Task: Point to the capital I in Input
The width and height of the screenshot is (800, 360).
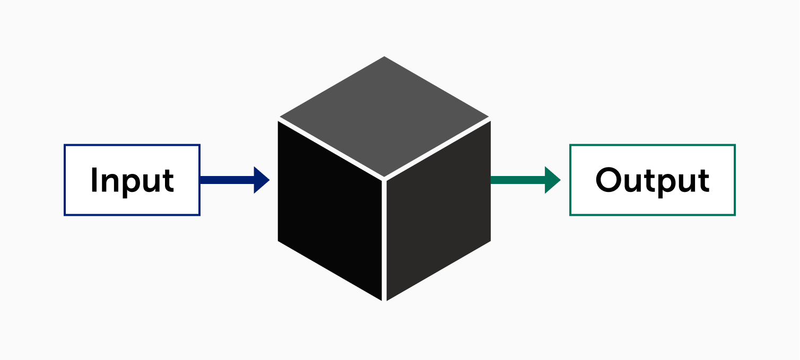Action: coord(94,180)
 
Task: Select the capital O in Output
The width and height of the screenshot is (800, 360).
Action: coord(608,180)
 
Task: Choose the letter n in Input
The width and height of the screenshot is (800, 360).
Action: coord(110,183)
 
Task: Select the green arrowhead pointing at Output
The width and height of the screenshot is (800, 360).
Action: coord(552,180)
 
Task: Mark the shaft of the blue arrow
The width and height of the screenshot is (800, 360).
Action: coord(227,180)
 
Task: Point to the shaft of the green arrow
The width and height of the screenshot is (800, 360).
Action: coord(518,180)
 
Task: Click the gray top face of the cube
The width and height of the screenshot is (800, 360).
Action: coord(384,116)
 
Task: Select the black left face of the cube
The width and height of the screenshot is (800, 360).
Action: coord(329,211)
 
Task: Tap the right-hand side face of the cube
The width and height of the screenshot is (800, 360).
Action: coord(439,211)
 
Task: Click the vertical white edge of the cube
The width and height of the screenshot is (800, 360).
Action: coord(384,240)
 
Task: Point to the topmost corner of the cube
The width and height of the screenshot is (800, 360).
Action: coord(384,56)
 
